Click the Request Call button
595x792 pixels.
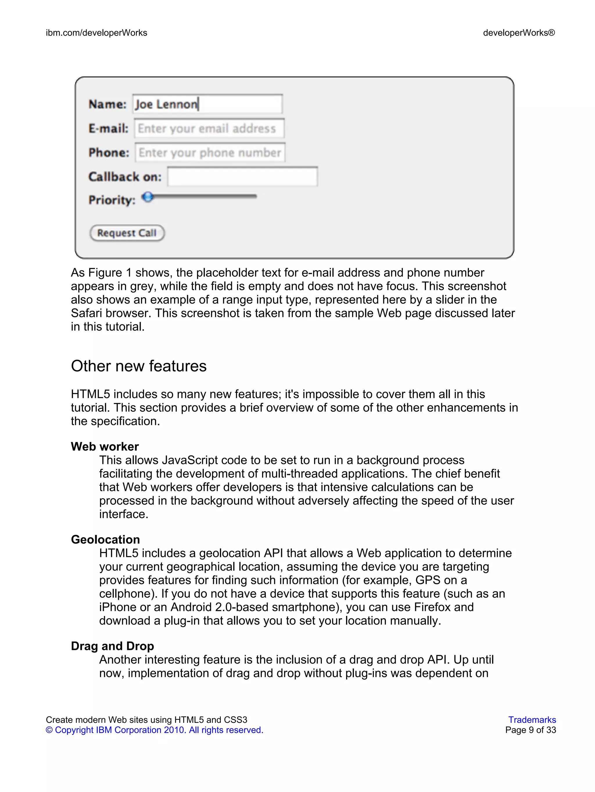[x=127, y=233]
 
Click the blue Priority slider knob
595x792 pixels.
[x=147, y=197]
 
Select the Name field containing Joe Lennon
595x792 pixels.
[x=208, y=104]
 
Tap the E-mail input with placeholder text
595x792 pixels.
[x=209, y=128]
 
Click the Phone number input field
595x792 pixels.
[x=210, y=153]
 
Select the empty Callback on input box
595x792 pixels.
[x=242, y=177]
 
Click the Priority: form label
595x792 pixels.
[x=112, y=200]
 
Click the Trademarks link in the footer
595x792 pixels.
[x=532, y=720]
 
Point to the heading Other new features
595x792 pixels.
[x=139, y=366]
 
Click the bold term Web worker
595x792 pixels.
[x=105, y=447]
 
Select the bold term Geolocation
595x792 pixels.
[x=105, y=540]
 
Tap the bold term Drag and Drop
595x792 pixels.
[x=112, y=646]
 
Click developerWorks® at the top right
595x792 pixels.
[x=519, y=33]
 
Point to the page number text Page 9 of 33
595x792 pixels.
[x=530, y=730]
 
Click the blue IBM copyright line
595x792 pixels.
[x=154, y=730]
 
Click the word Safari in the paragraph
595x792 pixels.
[x=86, y=313]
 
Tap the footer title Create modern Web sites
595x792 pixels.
[x=146, y=720]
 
